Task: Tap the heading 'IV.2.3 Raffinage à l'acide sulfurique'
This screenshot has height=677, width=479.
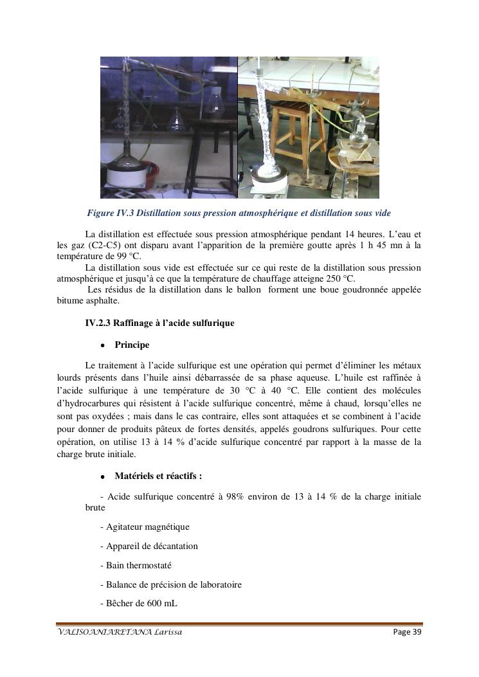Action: pos(159,323)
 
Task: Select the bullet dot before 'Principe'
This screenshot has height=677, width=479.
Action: pos(103,346)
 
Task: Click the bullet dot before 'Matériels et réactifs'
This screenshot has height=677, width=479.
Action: pos(103,477)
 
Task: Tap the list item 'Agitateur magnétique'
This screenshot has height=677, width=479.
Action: pos(145,527)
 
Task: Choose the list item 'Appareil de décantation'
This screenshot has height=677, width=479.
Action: pos(149,546)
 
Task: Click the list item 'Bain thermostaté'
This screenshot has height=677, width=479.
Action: pos(136,566)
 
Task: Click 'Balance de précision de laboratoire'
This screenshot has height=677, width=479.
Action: pos(170,585)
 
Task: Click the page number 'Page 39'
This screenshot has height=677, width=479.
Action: pos(406,633)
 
